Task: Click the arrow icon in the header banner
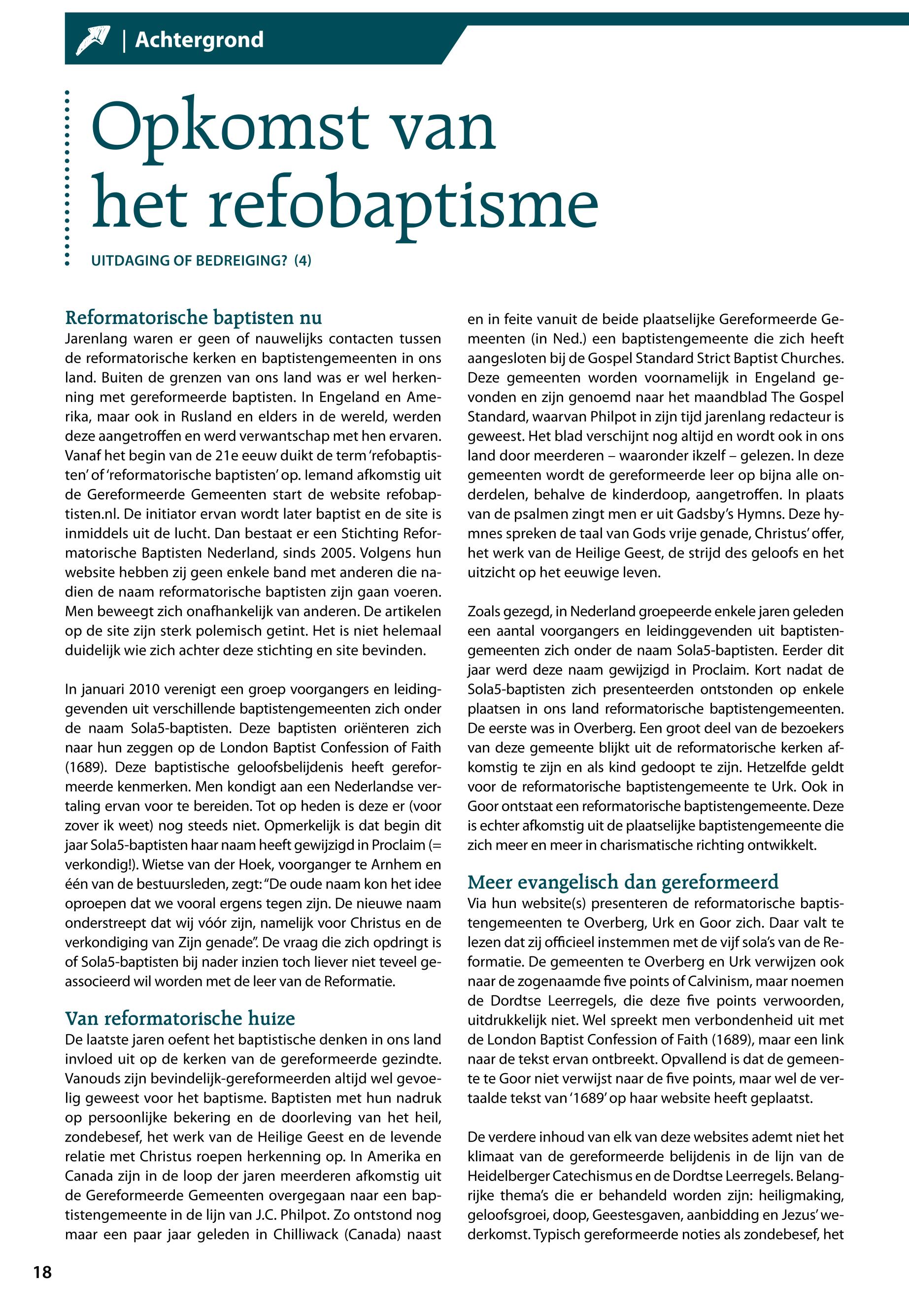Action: pyautogui.click(x=93, y=40)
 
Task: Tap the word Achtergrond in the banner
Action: pyautogui.click(x=200, y=40)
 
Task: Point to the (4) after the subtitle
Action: pyautogui.click(x=303, y=261)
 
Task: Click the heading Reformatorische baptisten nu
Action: pyautogui.click(x=194, y=317)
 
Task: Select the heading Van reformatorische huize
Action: pyautogui.click(x=180, y=1018)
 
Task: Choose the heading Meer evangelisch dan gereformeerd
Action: pyautogui.click(x=623, y=882)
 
